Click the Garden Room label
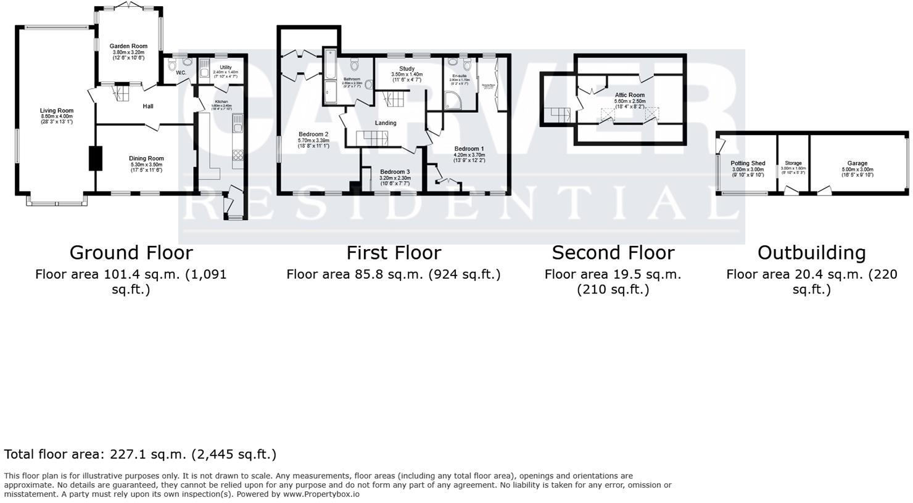pos(128,46)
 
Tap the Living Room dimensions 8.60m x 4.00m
pos(57,117)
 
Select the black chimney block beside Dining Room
pos(95,158)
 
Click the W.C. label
pos(181,73)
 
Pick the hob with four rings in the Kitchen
pos(238,155)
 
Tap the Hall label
pos(148,107)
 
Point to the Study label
pos(407,69)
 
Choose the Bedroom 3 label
pos(395,172)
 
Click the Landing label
pos(386,123)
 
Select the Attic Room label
pos(629,96)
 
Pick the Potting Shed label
pos(748,163)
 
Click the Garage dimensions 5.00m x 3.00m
pos(857,170)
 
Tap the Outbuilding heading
pos(811,253)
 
